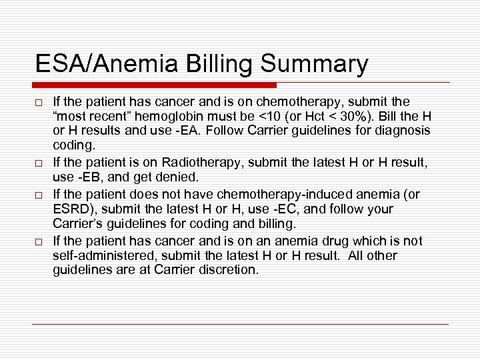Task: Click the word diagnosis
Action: click(x=405, y=129)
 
